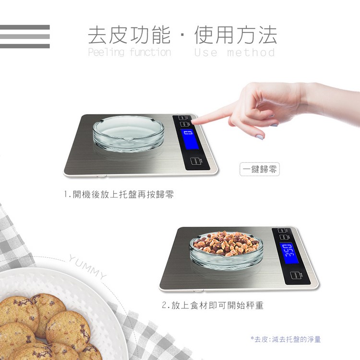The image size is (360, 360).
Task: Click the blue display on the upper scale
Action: pyautogui.click(x=190, y=139)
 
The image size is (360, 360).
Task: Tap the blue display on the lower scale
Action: pyautogui.click(x=289, y=253)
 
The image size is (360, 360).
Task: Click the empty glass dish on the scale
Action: pyautogui.click(x=128, y=133)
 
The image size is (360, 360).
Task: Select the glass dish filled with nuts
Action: pyautogui.click(x=227, y=250)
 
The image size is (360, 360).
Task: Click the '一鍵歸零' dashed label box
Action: pyautogui.click(x=260, y=169)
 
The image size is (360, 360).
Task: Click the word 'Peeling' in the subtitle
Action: pyautogui.click(x=106, y=52)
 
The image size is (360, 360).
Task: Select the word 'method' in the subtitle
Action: pyautogui.click(x=251, y=52)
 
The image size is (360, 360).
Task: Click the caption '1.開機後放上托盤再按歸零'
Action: pyautogui.click(x=119, y=194)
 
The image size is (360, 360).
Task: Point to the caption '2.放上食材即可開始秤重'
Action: pyautogui.click(x=213, y=305)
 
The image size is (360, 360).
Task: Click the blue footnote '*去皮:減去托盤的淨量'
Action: pyautogui.click(x=286, y=339)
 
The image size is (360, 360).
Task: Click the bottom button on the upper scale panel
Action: pyautogui.click(x=195, y=161)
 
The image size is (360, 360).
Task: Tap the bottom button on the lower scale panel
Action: pyautogui.click(x=295, y=276)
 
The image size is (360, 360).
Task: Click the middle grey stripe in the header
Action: pyautogui.click(x=25, y=37)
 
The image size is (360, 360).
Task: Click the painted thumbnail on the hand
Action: pyautogui.click(x=259, y=137)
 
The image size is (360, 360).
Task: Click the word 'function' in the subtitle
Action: pyautogui.click(x=150, y=52)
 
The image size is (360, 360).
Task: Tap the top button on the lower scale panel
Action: pyautogui.click(x=282, y=230)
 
